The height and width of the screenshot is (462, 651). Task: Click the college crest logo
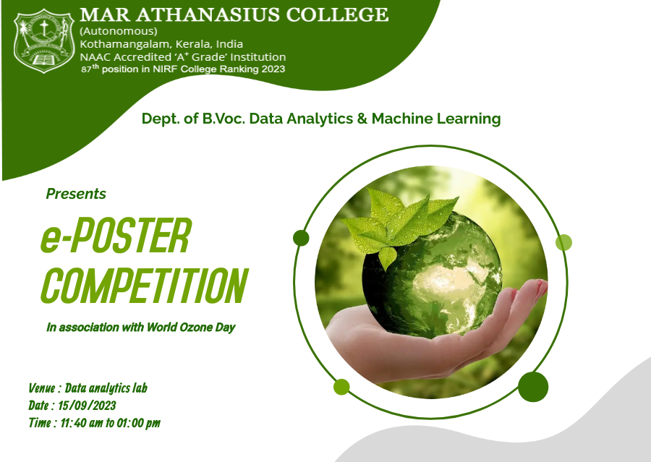pyautogui.click(x=44, y=41)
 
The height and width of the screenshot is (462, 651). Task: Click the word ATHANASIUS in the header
pyautogui.click(x=208, y=15)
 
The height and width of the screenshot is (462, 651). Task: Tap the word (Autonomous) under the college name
pyautogui.click(x=119, y=31)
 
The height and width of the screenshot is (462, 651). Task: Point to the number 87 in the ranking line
pyautogui.click(x=86, y=69)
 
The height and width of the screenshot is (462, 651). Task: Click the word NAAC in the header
pyautogui.click(x=95, y=57)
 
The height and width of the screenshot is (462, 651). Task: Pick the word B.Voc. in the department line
pyautogui.click(x=224, y=119)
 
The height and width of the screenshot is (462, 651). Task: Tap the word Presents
pyautogui.click(x=76, y=194)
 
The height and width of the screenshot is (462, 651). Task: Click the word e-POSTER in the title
pyautogui.click(x=116, y=236)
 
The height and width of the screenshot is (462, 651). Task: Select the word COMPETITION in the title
pyautogui.click(x=145, y=285)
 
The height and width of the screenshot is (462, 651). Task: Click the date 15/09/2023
pyautogui.click(x=87, y=405)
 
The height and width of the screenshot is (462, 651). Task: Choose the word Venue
pyautogui.click(x=42, y=388)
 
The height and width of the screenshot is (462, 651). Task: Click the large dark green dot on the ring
pyautogui.click(x=533, y=387)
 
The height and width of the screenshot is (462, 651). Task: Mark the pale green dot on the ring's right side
pyautogui.click(x=563, y=242)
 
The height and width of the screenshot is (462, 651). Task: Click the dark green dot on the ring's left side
pyautogui.click(x=301, y=239)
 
